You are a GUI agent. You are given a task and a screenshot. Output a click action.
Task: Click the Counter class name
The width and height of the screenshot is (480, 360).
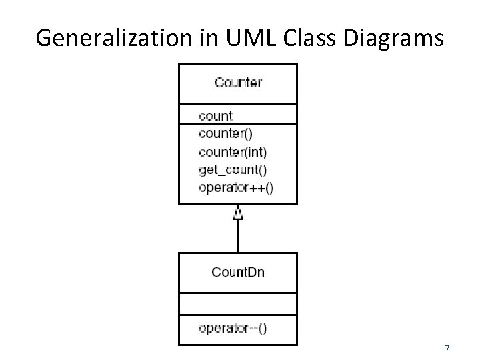238,83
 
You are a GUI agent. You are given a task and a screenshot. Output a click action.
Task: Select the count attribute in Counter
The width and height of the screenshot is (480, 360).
215,115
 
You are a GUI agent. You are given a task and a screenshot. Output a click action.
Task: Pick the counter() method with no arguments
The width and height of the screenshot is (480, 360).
225,133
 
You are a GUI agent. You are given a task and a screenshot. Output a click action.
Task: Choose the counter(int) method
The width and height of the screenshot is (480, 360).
232,151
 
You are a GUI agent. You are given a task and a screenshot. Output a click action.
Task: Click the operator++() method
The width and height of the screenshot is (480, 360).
236,186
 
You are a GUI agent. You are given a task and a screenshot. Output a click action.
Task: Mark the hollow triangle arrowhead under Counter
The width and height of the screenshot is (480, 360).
238,213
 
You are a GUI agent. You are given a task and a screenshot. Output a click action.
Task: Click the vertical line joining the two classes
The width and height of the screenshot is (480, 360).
238,237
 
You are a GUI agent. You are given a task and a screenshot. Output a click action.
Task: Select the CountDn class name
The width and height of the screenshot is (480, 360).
238,271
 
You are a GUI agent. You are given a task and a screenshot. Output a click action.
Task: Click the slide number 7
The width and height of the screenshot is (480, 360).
447,348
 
